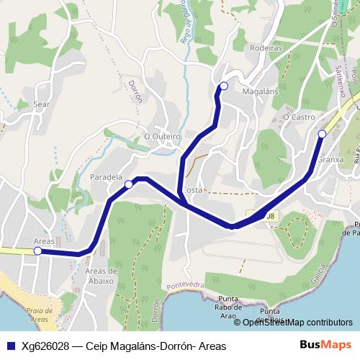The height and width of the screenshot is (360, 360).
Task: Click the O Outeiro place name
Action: pos(161,135)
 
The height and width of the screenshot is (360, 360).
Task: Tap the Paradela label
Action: pos(106,176)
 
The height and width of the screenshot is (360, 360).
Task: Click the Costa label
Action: pos(193,190)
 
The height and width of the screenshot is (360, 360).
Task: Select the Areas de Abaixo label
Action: pos(100,275)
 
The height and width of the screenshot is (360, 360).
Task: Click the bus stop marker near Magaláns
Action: pos(223,86)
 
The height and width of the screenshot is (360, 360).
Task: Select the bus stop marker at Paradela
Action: pos(129,185)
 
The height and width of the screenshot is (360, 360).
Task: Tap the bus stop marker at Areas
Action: pos(37,251)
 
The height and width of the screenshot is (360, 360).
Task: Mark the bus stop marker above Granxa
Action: pos(322,134)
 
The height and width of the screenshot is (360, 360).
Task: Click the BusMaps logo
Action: pos(325,346)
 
